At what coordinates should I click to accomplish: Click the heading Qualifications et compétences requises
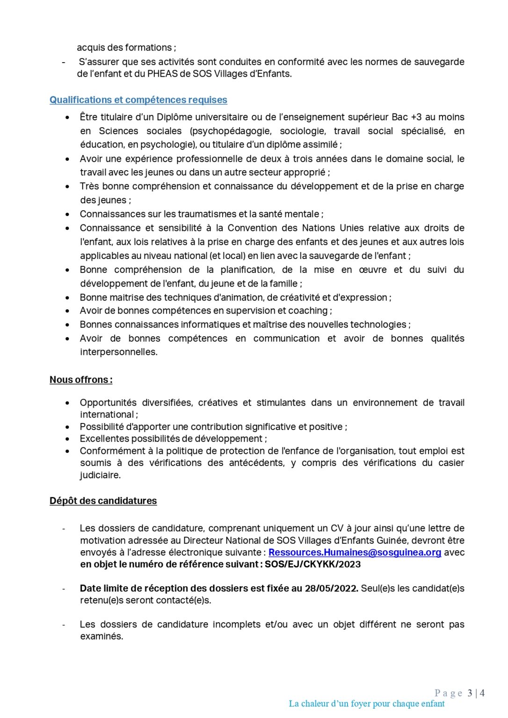(x=138, y=100)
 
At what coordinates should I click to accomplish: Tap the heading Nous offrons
(x=81, y=380)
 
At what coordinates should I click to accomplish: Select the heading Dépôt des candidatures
(x=103, y=501)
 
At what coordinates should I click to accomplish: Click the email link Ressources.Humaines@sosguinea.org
(x=355, y=553)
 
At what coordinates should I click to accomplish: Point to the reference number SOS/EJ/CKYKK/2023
(x=312, y=565)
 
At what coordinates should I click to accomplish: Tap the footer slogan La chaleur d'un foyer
(x=367, y=704)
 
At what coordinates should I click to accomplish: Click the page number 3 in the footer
(x=470, y=693)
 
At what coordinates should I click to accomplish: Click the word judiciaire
(x=100, y=475)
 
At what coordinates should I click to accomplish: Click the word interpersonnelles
(x=118, y=352)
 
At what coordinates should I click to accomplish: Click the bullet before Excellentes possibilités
(x=68, y=439)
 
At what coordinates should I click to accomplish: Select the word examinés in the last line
(x=102, y=637)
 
